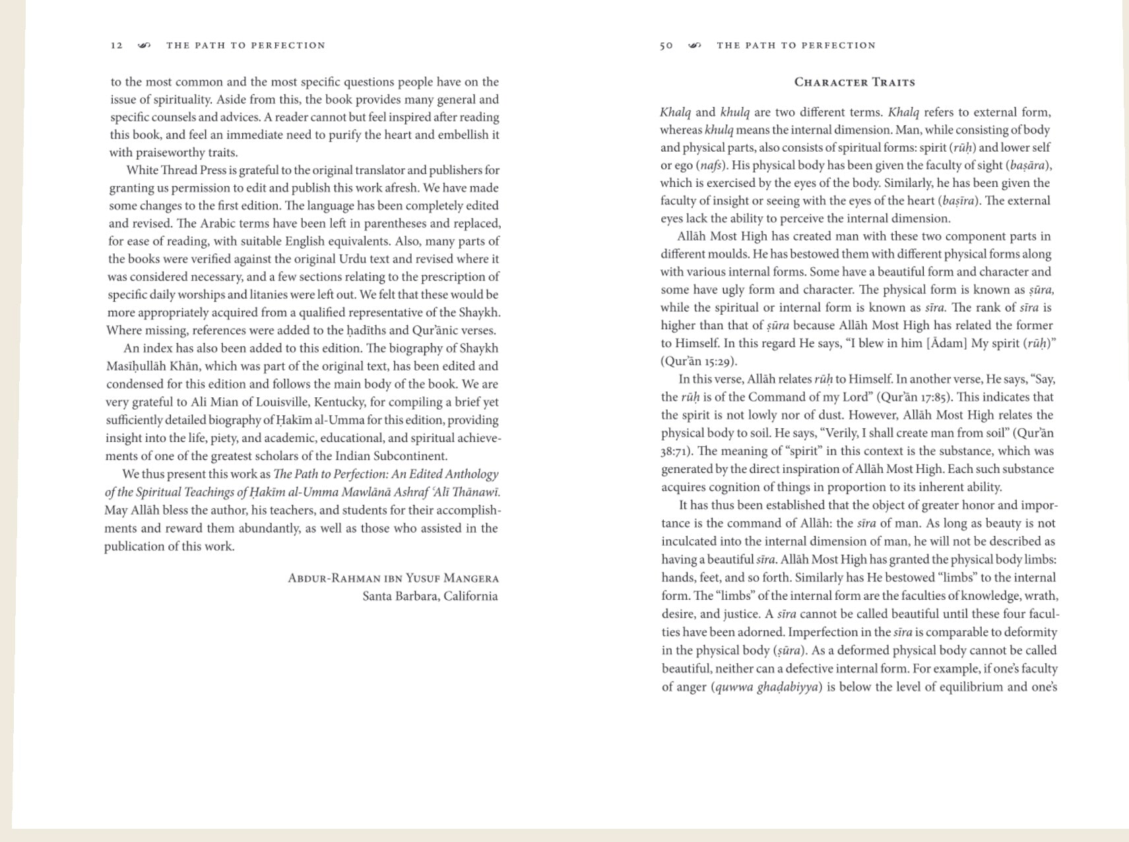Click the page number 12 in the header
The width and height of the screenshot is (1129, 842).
click(x=117, y=46)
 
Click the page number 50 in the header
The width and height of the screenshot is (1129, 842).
click(x=666, y=46)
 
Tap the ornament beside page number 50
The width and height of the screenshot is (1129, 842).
click(x=694, y=46)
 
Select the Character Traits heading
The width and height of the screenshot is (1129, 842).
click(x=855, y=82)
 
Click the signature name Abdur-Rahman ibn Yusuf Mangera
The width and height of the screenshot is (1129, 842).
click(x=393, y=579)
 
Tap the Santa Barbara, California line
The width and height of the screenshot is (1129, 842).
click(x=430, y=597)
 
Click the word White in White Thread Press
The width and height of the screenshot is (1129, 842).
click(x=142, y=170)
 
